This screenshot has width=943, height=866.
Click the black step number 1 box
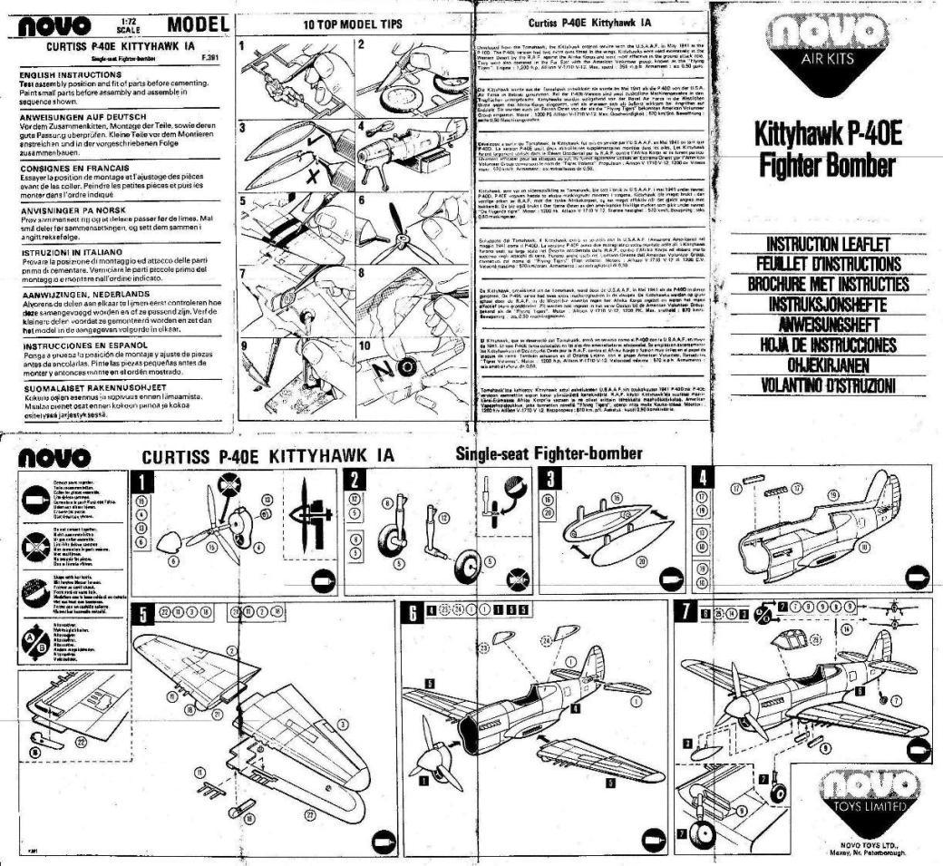point(142,479)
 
